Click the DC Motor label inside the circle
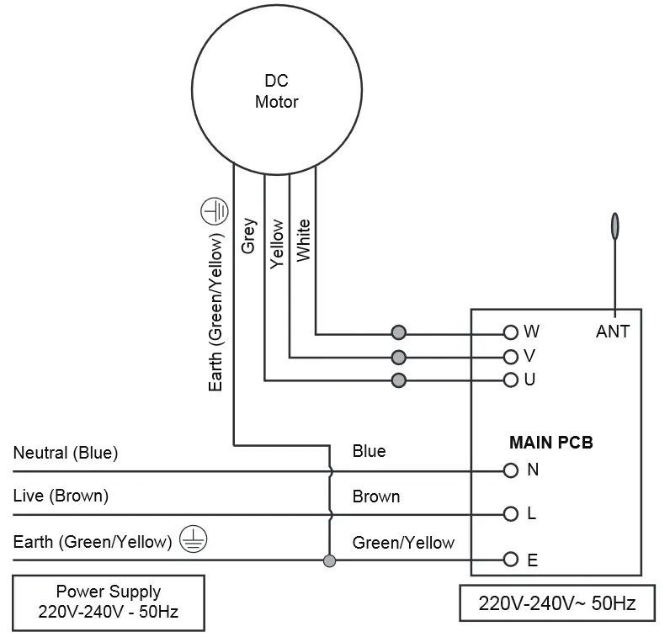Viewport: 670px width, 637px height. [276, 92]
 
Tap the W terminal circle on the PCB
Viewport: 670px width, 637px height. [510, 332]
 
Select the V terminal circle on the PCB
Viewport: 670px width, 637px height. [510, 356]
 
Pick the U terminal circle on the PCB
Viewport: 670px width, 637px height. [510, 380]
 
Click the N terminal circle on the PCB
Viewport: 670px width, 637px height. [510, 470]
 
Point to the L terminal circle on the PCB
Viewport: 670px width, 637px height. [510, 513]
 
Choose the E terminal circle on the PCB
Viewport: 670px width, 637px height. [510, 560]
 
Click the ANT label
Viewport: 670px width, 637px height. [612, 332]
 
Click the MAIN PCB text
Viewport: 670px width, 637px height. [550, 442]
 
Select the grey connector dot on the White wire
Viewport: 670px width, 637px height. [399, 332]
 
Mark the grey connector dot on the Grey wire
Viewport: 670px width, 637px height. [399, 380]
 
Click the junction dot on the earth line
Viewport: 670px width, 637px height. [329, 560]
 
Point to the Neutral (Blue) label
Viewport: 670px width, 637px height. [66, 453]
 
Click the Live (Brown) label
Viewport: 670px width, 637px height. [61, 496]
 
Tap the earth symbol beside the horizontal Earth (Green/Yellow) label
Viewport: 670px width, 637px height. [193, 541]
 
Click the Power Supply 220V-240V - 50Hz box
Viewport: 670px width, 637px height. [108, 602]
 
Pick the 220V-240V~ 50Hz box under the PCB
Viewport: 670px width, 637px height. [556, 603]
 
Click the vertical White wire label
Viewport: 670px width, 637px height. [303, 240]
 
